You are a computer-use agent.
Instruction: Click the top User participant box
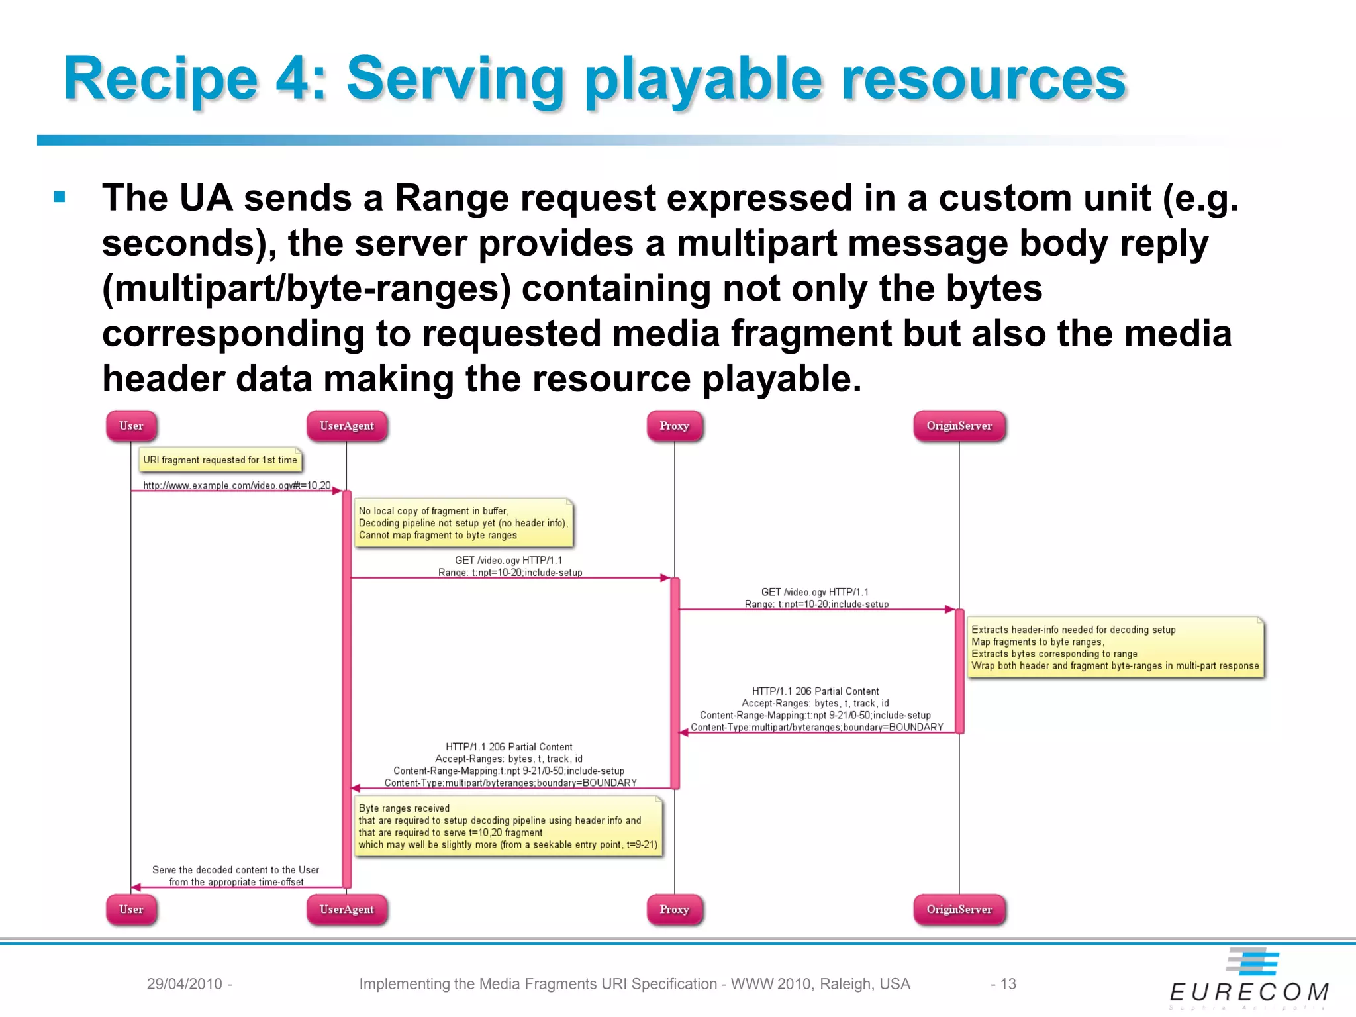pyautogui.click(x=131, y=426)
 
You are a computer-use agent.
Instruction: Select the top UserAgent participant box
pyautogui.click(x=346, y=426)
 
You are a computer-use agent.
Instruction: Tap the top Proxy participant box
pyautogui.click(x=674, y=426)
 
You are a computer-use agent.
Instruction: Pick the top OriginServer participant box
pyautogui.click(x=959, y=426)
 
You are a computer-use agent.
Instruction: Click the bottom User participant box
pyautogui.click(x=131, y=909)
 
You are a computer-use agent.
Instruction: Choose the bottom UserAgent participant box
pyautogui.click(x=346, y=909)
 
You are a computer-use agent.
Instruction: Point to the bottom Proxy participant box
pyautogui.click(x=674, y=909)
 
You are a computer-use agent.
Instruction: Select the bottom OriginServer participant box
pyautogui.click(x=959, y=909)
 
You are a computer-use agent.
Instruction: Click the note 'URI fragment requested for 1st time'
pyautogui.click(x=220, y=460)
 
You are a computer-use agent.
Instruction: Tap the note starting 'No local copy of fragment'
pyautogui.click(x=463, y=523)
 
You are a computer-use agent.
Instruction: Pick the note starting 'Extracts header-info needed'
pyautogui.click(x=1115, y=648)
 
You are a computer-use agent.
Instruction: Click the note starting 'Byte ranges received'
pyautogui.click(x=508, y=826)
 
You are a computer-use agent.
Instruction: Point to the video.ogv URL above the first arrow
pyautogui.click(x=236, y=485)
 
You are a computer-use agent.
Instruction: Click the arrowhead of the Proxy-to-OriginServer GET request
pyautogui.click(x=949, y=609)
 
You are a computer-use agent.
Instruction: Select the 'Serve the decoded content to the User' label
pyautogui.click(x=236, y=870)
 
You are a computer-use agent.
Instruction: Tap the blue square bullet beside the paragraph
pyautogui.click(x=60, y=197)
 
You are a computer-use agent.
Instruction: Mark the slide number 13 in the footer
pyautogui.click(x=1007, y=984)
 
